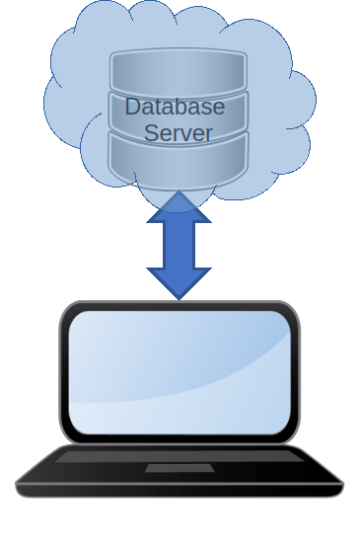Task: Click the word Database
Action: coord(175,107)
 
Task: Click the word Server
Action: coord(179,133)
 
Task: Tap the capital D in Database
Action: coord(133,107)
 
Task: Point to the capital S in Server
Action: coord(152,133)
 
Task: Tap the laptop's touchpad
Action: coord(179,468)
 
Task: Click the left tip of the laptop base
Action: coord(19,485)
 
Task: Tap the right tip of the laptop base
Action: coord(340,485)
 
